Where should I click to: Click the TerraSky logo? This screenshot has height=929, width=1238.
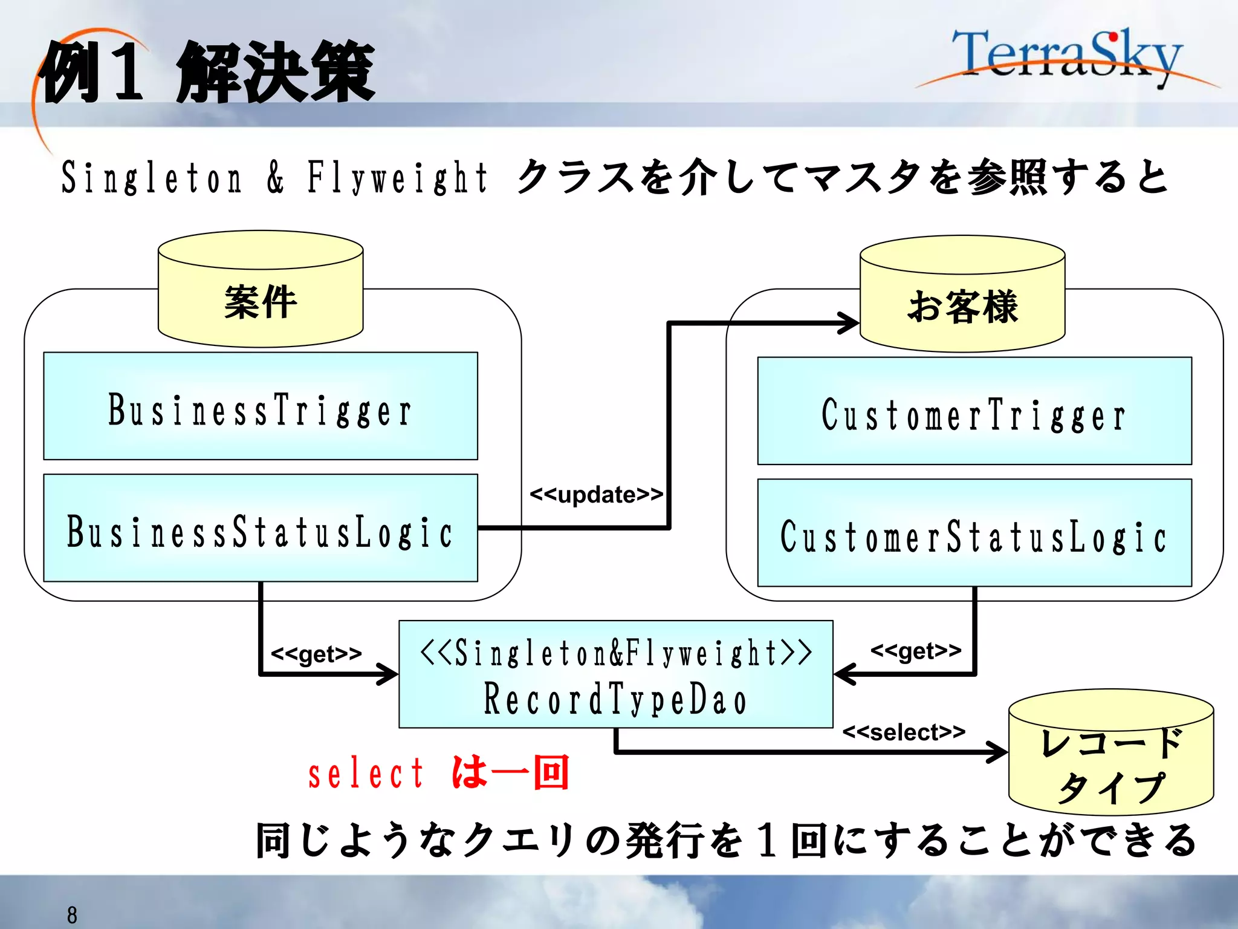(x=1067, y=57)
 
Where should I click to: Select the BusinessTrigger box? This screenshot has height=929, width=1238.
(x=261, y=406)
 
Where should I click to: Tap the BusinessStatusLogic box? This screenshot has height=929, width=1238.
(x=261, y=529)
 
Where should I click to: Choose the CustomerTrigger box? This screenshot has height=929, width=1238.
(x=974, y=411)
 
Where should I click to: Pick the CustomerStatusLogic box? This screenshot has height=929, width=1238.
(x=974, y=533)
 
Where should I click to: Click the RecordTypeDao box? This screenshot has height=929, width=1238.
(x=615, y=674)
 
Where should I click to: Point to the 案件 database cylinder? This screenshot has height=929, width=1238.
(x=261, y=290)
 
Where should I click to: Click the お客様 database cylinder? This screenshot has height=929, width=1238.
(x=962, y=296)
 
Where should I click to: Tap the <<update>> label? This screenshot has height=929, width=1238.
(x=596, y=495)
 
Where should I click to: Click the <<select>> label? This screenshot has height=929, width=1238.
(x=904, y=732)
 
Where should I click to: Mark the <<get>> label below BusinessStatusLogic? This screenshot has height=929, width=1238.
(x=316, y=654)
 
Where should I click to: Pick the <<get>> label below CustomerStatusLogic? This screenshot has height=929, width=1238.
(x=916, y=651)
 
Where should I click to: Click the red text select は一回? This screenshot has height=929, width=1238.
(x=438, y=773)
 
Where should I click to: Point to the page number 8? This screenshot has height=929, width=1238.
(x=72, y=915)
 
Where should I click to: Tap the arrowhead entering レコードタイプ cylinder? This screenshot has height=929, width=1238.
(x=997, y=752)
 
